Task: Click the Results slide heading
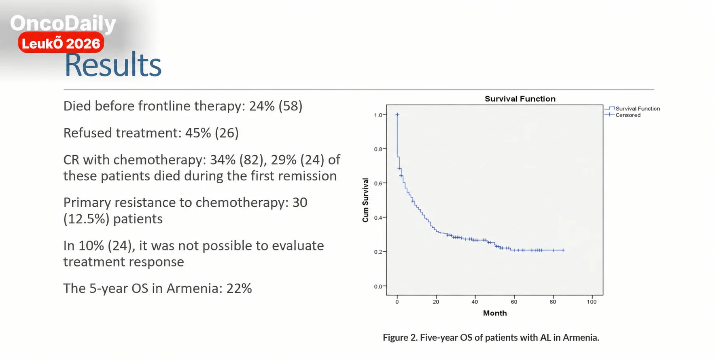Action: coord(113,65)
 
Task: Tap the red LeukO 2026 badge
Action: coord(61,43)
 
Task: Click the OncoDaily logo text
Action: coord(63,23)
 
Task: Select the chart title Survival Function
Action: coord(520,99)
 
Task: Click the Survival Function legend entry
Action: coord(632,108)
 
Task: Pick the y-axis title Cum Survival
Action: coord(365,200)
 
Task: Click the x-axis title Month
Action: coord(495,313)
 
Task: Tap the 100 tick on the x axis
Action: coord(592,302)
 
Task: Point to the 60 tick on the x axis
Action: coord(514,302)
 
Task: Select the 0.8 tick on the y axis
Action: coord(378,149)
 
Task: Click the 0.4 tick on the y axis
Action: coord(378,218)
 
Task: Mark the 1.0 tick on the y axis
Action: coord(378,115)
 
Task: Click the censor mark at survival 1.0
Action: coord(397,114)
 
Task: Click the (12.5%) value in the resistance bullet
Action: coord(87,219)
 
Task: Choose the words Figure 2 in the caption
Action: coord(400,337)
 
